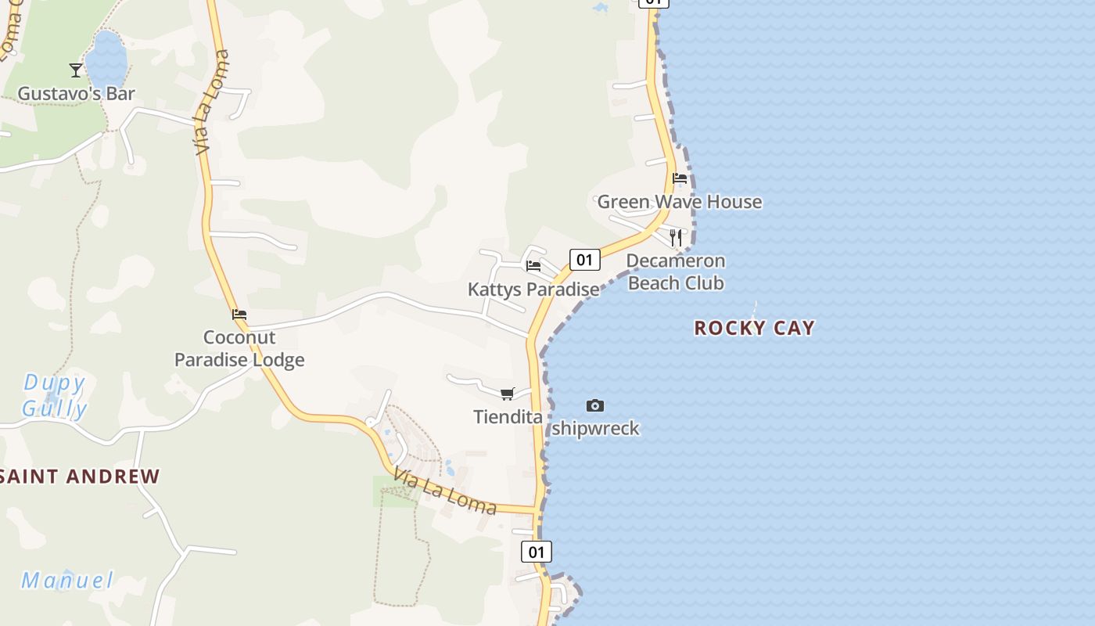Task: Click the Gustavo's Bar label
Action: [76, 94]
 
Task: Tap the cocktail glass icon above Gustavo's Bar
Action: [76, 70]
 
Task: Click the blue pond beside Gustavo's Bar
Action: [106, 59]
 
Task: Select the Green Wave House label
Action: [679, 202]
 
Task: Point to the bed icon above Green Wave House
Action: [680, 178]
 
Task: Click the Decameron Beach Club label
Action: [676, 272]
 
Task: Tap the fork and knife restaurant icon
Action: [677, 237]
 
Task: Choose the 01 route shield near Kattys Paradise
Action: [584, 259]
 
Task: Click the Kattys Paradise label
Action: [533, 290]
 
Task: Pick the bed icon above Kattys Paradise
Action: [533, 266]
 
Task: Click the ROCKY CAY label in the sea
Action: [754, 328]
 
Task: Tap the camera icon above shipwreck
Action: [595, 405]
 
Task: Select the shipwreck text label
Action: [595, 429]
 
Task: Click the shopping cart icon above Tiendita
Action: [508, 394]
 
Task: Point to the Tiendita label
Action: [508, 417]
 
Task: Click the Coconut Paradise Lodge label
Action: [239, 349]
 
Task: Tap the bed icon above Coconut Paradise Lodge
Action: [239, 315]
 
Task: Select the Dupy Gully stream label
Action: [54, 395]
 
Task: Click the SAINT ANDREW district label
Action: [81, 477]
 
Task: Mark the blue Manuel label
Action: [67, 581]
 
